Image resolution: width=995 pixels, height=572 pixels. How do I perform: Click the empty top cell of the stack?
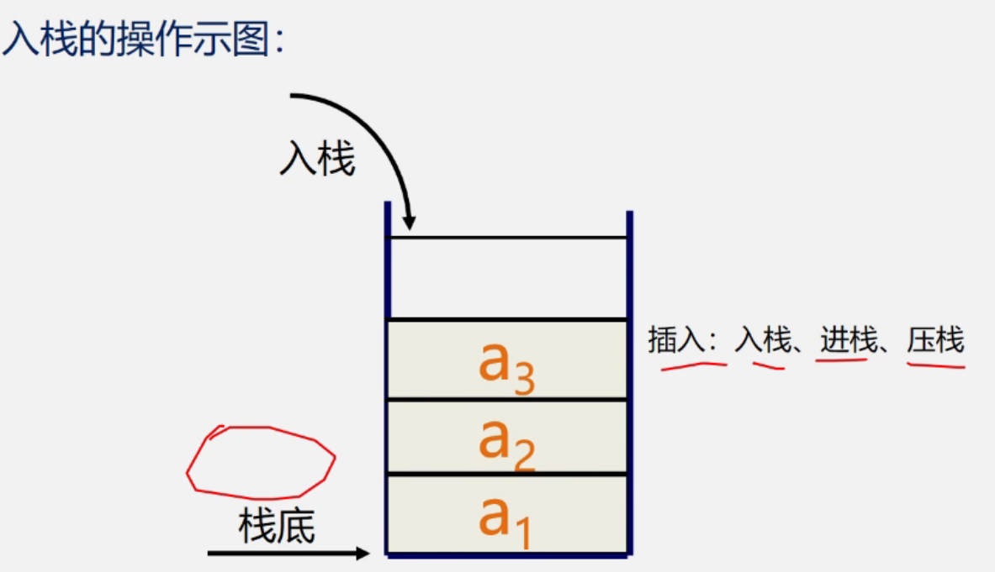coord(507,278)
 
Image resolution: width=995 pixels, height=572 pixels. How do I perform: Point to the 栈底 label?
coord(277,527)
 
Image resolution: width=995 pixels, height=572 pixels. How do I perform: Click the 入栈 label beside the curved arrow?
coord(317,159)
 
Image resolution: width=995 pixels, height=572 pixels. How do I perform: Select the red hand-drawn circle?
coord(260,462)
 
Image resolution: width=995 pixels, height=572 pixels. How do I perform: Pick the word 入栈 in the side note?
coord(764,341)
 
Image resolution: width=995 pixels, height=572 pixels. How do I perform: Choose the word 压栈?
coord(934,341)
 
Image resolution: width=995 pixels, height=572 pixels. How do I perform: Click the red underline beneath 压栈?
coord(935,364)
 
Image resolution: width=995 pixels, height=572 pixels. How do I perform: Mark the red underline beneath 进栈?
coord(840,360)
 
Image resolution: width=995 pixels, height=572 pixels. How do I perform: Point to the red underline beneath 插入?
coord(693,365)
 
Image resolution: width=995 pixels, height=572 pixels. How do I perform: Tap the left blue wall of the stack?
coord(388,378)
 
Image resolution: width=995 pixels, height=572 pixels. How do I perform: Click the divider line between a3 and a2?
coord(507,400)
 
